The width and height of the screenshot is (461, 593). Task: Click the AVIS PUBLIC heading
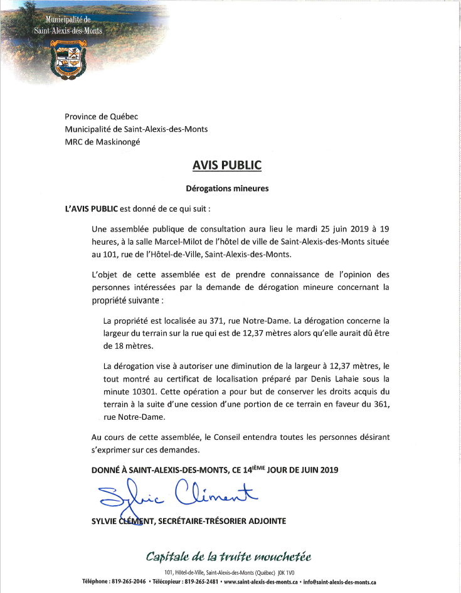[226, 166]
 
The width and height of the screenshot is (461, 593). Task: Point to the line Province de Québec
[102, 117]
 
